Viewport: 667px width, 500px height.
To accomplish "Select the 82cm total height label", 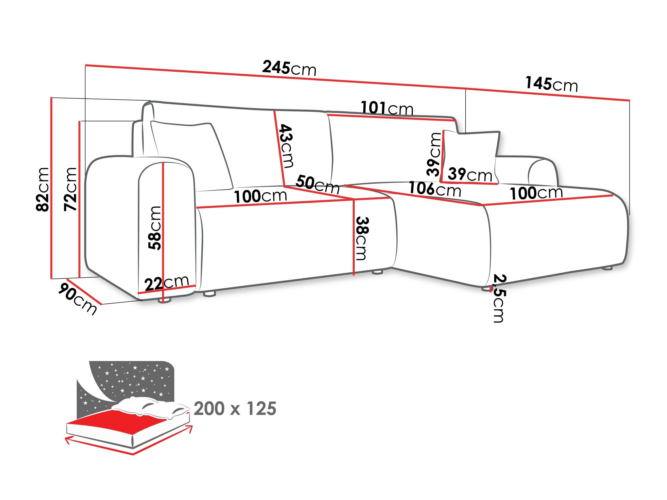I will (42, 189).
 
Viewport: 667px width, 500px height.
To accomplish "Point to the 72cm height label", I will (70, 189).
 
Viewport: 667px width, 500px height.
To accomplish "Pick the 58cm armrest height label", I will (155, 228).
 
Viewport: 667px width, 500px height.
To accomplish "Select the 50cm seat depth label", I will (317, 185).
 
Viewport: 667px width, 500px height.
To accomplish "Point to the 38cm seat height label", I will (362, 238).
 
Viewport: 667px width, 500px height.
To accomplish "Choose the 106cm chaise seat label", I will (435, 189).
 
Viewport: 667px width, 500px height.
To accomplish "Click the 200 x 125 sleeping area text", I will (235, 409).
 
